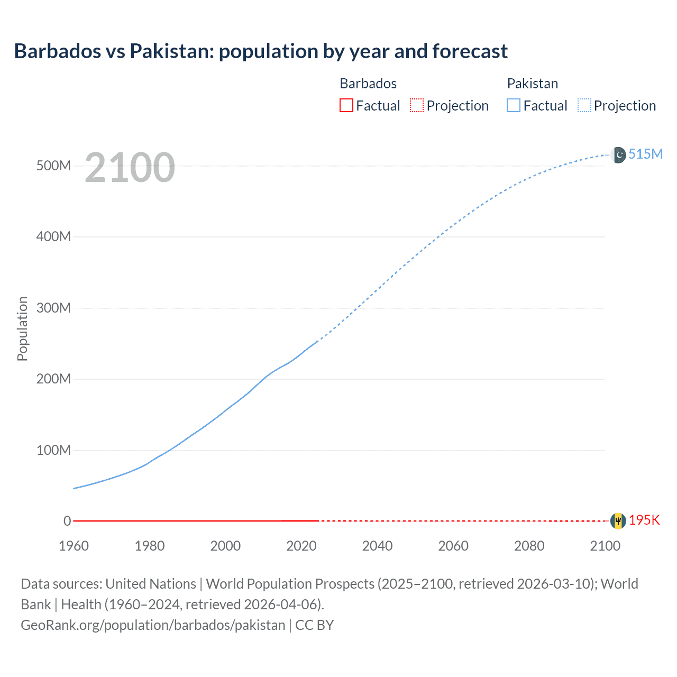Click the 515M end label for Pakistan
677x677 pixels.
[645, 154]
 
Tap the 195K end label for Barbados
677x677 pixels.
[644, 520]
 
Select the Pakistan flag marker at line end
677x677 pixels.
[618, 154]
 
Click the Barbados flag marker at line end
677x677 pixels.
[618, 520]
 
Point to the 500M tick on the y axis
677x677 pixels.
[53, 166]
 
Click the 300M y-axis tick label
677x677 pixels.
[53, 308]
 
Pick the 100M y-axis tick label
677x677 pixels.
[53, 450]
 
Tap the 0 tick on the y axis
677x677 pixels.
[67, 521]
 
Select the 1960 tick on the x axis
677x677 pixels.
[74, 546]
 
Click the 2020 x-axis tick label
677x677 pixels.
[301, 546]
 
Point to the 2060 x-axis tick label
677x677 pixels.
[453, 546]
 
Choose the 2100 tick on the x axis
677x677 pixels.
[605, 546]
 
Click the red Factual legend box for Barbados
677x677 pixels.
[346, 106]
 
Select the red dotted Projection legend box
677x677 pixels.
[417, 106]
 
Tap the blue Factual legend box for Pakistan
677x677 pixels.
[514, 106]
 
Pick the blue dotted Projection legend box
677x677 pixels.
[584, 106]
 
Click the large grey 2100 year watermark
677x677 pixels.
[130, 168]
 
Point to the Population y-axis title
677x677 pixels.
[22, 328]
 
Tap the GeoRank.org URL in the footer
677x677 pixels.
[153, 625]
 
